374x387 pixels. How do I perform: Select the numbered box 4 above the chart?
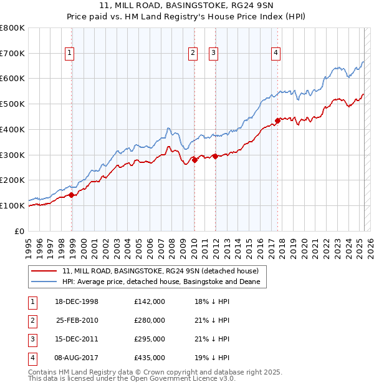click(x=275, y=54)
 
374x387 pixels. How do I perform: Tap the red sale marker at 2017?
click(x=278, y=120)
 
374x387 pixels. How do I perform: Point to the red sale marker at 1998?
click(x=72, y=195)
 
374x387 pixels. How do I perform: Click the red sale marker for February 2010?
click(x=194, y=160)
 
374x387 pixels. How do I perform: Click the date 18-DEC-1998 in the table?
click(x=77, y=301)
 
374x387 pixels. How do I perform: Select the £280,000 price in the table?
click(x=150, y=320)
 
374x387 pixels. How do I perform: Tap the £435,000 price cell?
click(x=150, y=358)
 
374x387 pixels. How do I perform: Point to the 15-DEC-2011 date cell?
click(x=77, y=339)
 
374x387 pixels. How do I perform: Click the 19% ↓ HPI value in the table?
click(x=212, y=358)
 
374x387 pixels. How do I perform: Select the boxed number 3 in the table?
click(x=31, y=339)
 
